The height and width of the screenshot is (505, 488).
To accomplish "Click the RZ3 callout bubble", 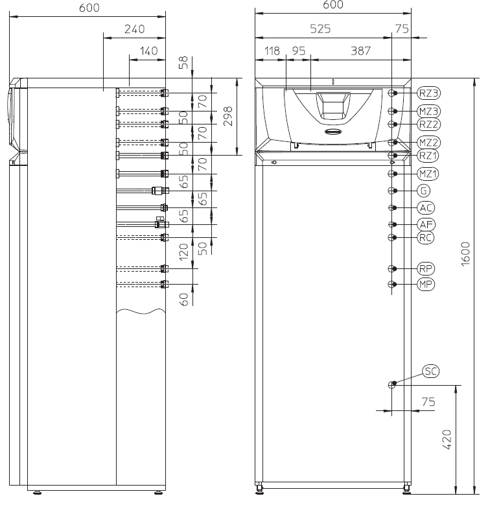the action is (x=428, y=93).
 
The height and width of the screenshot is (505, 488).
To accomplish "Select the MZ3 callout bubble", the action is (x=428, y=112).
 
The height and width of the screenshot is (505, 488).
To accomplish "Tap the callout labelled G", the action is (x=424, y=191).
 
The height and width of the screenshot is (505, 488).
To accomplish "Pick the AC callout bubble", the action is (x=426, y=207).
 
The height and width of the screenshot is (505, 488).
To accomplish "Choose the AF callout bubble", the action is (x=426, y=224).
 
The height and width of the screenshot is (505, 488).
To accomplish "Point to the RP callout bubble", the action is (x=426, y=268).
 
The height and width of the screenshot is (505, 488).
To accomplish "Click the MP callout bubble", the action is (x=426, y=284).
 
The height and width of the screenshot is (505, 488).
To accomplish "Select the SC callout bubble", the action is (x=430, y=371).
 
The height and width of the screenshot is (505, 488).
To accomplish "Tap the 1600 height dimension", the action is (x=465, y=253).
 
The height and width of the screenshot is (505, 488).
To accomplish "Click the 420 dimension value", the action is (x=447, y=440).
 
